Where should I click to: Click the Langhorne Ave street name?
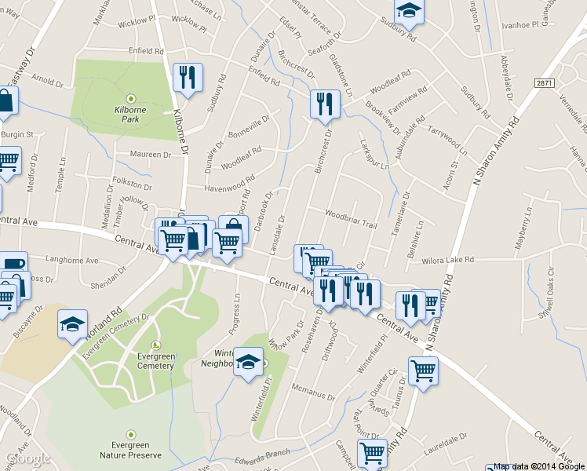72,261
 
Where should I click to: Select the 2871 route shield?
545,82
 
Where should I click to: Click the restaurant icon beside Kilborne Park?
187,77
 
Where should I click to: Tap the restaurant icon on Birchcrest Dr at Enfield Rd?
324,103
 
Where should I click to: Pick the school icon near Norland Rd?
72,323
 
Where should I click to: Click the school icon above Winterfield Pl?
249,361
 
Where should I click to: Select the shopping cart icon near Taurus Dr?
423,369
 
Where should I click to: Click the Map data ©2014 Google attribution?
539,466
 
